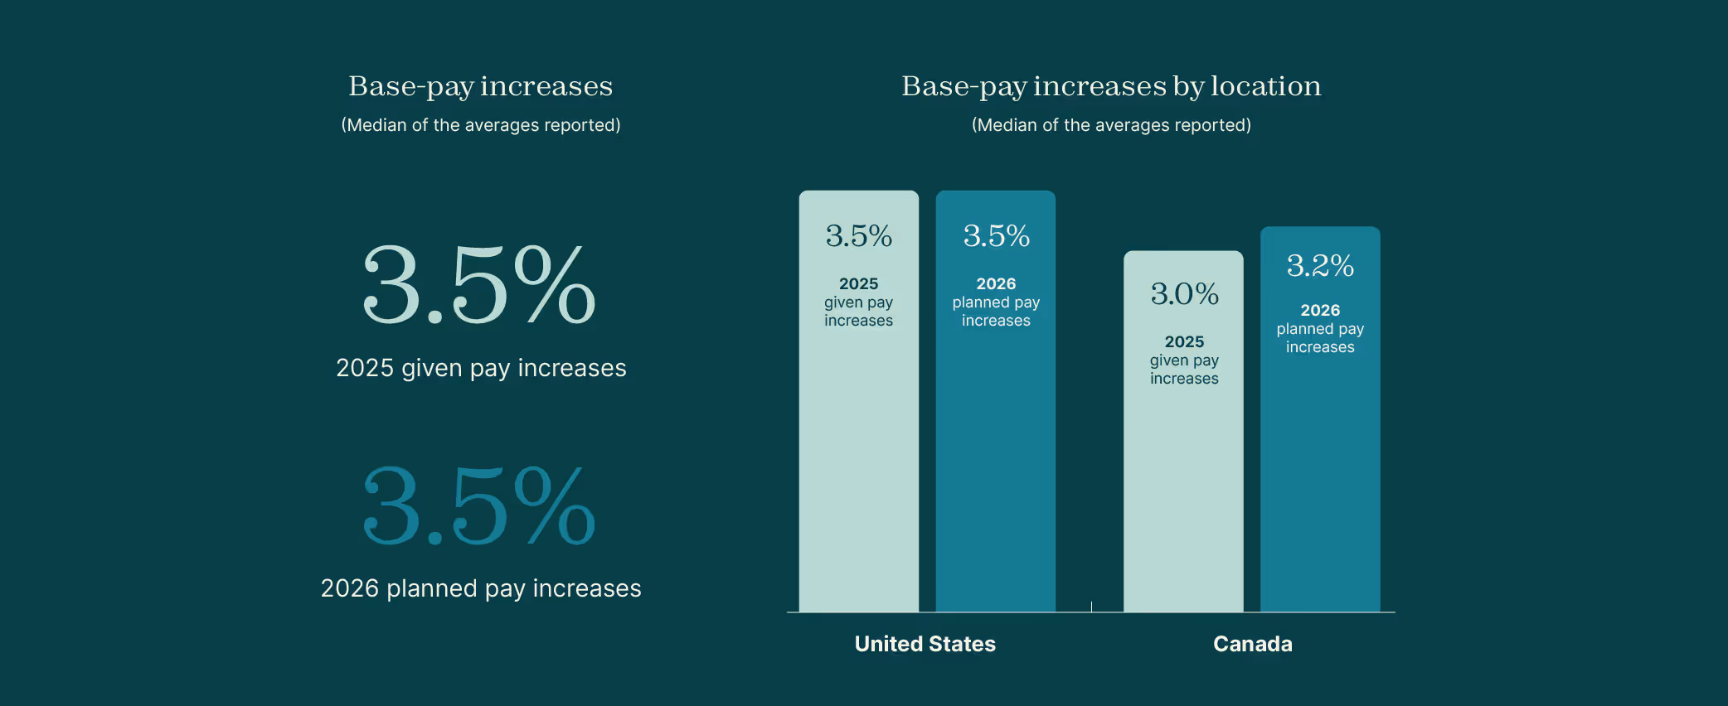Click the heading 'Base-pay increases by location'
(x=1111, y=86)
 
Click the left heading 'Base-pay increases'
(x=480, y=86)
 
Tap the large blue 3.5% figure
(x=479, y=505)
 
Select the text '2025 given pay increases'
(x=481, y=368)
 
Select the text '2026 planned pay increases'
(x=481, y=588)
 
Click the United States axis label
(x=925, y=644)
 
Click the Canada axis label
(x=1252, y=644)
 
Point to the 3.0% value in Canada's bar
(x=1184, y=294)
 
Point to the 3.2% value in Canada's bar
(x=1320, y=266)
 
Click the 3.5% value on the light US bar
(x=858, y=236)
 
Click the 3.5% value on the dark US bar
(x=996, y=236)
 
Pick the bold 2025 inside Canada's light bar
(x=1184, y=341)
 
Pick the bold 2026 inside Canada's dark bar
(x=1320, y=310)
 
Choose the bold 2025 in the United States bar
(x=858, y=283)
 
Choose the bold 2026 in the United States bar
(x=996, y=283)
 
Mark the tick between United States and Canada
(x=1091, y=607)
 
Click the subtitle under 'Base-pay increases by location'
(x=1111, y=125)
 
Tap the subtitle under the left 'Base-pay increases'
(x=480, y=125)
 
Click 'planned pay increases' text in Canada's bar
(x=1320, y=338)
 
